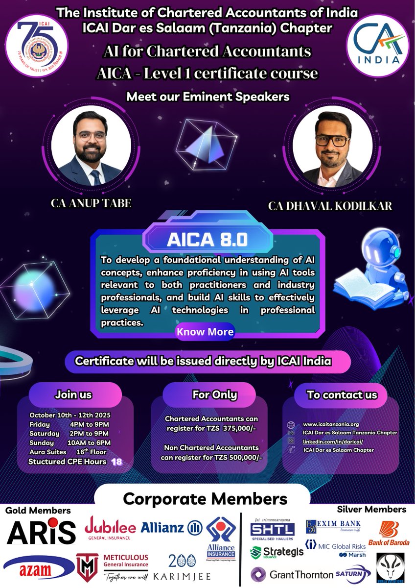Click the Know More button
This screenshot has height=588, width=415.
(205, 332)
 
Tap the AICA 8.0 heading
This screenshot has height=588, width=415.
(207, 239)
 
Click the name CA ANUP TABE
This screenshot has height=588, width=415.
(91, 203)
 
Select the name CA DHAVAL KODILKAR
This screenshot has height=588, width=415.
(330, 205)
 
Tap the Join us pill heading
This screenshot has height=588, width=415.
(73, 394)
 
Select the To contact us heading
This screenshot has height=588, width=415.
(342, 394)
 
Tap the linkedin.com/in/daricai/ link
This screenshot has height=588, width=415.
(333, 441)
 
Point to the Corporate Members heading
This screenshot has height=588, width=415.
(205, 499)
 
